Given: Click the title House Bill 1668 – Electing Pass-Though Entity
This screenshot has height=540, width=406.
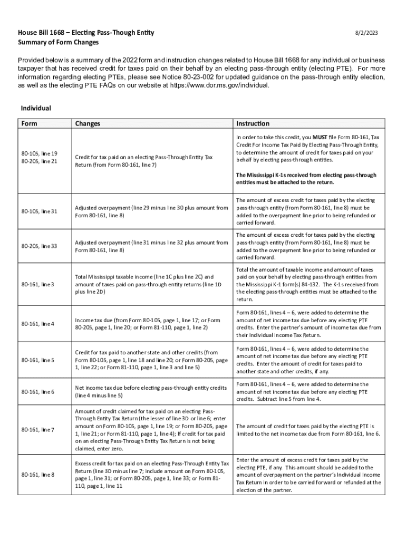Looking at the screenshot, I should pos(86,33).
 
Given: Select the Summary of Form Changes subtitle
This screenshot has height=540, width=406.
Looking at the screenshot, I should pos(58,42).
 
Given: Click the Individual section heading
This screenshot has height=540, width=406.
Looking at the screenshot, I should pos(36,108).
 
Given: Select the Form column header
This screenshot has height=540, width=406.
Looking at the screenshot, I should pos(30,124).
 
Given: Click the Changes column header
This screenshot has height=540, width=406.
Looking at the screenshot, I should pos(88,124).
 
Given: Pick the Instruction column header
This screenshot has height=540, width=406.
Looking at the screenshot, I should pos(253,124).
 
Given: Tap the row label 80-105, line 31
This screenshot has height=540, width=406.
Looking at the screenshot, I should pos(39,211).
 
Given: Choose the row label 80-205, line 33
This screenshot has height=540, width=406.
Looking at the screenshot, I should pos(39,246).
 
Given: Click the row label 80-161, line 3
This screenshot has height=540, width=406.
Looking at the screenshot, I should pos(38,284).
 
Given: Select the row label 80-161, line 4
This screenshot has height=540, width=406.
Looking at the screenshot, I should pos(38,323).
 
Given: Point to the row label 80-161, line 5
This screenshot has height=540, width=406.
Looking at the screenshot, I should pos(38,360).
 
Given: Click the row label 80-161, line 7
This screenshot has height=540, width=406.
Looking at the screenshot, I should pos(38,430).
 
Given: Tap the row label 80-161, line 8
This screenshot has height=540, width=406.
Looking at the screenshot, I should pos(38,475).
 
